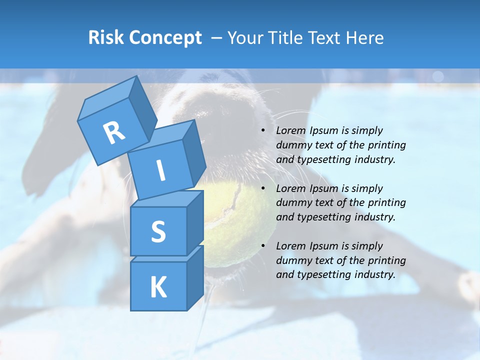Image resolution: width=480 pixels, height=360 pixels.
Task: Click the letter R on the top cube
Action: pos(114,133)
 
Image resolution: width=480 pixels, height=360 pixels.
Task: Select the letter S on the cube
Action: pos(158,231)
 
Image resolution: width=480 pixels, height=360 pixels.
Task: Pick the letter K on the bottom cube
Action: pos(158,287)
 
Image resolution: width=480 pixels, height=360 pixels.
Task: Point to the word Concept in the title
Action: pos(166,38)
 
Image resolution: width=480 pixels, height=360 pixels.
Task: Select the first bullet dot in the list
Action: pos(263,131)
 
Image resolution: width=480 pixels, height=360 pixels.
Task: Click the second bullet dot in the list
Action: pos(263,189)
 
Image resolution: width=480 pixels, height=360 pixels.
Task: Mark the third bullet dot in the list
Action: pos(263,246)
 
